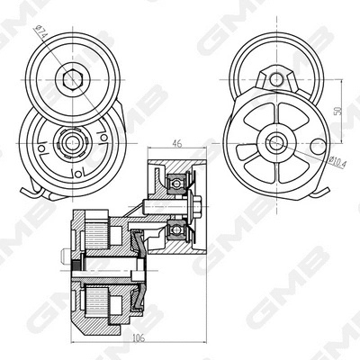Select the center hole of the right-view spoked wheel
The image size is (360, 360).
coord(276,140)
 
